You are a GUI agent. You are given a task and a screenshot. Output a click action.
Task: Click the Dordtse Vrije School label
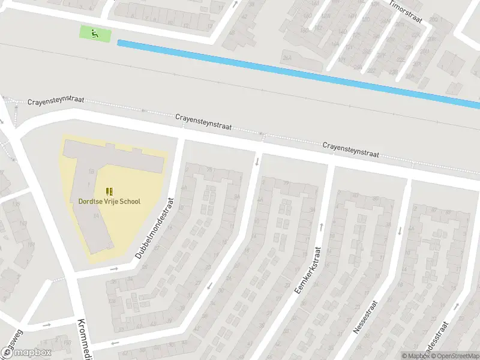[109, 202]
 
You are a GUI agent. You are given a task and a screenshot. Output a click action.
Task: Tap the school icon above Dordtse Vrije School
[109, 191]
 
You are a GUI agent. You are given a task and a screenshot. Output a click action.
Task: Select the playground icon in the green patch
[94, 34]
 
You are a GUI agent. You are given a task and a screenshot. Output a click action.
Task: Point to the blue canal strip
[300, 72]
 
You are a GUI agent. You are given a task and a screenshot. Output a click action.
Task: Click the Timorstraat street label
[406, 12]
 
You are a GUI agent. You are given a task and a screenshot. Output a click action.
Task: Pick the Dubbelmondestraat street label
[155, 229]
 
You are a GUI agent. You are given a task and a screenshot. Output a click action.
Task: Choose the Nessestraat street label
[365, 317]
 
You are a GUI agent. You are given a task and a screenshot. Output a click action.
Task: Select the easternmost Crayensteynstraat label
[350, 150]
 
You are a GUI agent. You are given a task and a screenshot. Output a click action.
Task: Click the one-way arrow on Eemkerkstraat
[322, 226]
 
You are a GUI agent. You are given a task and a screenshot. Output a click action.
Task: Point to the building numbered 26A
[289, 57]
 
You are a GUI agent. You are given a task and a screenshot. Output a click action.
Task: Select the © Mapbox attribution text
[414, 355]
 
